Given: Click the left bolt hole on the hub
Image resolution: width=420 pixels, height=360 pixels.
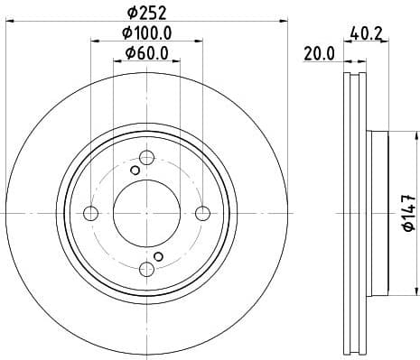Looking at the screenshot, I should coord(89,213).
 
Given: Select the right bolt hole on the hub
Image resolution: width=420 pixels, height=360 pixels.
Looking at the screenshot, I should coord(202,213).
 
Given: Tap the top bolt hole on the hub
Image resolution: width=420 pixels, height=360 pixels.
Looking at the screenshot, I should coord(146,157).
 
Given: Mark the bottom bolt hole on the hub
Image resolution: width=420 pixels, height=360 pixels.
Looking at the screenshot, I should coord(146,269).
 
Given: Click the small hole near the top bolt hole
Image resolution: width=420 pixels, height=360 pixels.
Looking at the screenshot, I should coord(135,170).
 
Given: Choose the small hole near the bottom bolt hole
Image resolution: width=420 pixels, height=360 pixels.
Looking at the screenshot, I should coord(158,257).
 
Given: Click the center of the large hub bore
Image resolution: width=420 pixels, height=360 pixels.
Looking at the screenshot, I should coord(146,213).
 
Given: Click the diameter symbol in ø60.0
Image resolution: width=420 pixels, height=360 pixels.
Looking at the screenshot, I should coord(128,53).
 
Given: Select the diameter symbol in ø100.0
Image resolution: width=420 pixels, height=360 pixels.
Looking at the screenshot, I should coord(126,33).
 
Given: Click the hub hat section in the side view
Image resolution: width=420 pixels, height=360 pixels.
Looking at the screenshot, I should coord(378,213).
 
